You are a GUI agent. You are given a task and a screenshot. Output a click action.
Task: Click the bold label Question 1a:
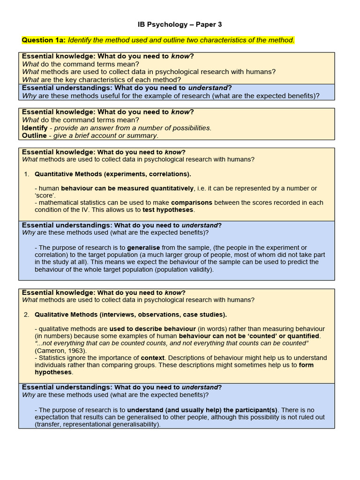[44, 40]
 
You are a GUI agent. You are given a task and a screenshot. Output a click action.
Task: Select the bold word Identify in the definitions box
[35, 127]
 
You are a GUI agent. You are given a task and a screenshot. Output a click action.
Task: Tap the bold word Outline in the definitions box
[34, 135]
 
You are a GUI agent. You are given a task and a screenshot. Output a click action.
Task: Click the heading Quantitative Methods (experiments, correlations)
[112, 174]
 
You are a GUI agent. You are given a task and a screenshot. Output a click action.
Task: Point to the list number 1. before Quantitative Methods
[27, 174]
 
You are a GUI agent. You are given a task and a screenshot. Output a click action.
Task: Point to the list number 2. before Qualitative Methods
[27, 314]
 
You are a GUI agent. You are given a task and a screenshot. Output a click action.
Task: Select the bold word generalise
[143, 247]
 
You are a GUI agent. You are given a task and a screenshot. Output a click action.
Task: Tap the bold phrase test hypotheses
[168, 210]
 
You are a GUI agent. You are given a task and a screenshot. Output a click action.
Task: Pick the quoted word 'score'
[45, 195]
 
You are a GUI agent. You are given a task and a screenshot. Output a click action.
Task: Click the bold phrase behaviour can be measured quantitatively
[127, 188]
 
